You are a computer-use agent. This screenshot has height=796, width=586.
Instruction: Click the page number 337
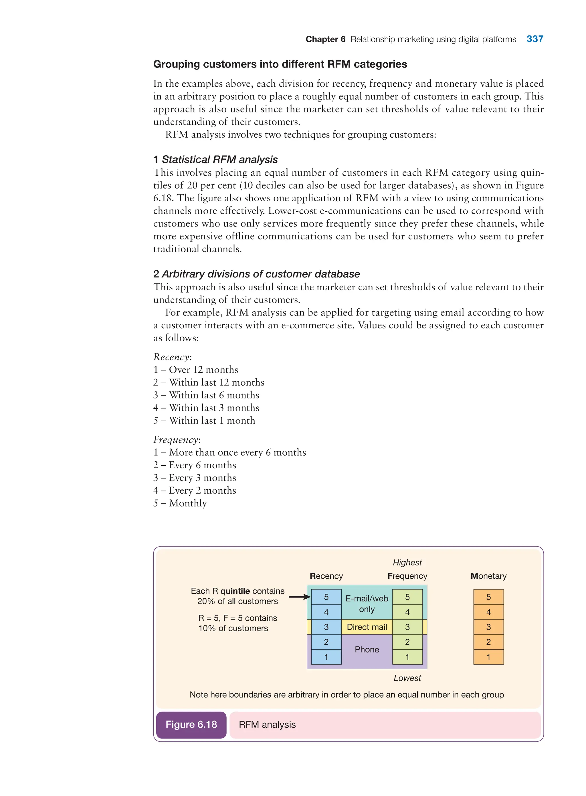point(534,39)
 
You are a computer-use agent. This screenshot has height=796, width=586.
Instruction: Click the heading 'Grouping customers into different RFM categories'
point(280,64)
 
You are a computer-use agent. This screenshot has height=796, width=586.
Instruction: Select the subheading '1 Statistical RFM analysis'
point(215,160)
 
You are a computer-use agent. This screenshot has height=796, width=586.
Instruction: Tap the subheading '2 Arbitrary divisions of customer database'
point(256,274)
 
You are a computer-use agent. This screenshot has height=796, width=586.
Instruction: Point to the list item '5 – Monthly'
point(180,503)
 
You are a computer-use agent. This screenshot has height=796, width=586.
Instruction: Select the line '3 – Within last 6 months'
point(206,395)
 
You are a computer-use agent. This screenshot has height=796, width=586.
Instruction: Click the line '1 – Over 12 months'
point(195,370)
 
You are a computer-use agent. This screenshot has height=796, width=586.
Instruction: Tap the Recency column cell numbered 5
point(326,597)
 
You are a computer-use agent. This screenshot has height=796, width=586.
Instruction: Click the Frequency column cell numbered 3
point(407,627)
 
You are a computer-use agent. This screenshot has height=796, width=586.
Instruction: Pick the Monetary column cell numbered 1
point(488,657)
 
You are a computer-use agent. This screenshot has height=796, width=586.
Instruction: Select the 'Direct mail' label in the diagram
point(367,627)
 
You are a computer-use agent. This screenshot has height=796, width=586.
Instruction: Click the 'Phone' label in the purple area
point(367,650)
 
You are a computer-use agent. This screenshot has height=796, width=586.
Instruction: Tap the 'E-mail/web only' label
point(367,604)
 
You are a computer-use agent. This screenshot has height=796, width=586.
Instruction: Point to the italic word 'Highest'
point(407,562)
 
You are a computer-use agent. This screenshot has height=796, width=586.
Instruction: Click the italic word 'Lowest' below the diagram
point(407,678)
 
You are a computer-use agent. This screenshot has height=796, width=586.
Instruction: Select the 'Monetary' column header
point(488,576)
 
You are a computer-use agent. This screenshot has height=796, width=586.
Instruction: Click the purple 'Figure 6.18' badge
point(191,724)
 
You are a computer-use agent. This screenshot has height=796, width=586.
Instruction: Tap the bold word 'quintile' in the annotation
point(235,591)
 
